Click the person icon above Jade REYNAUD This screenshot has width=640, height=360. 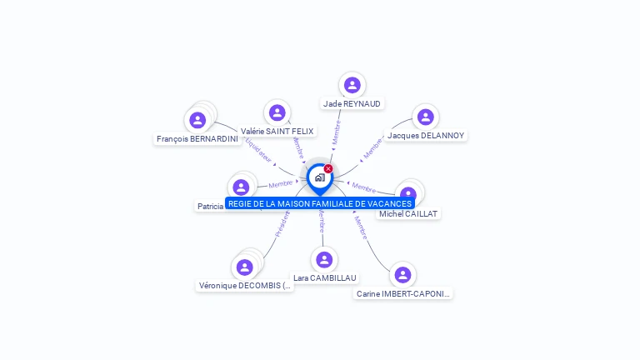point(352,84)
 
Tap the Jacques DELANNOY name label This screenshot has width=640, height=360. point(426,136)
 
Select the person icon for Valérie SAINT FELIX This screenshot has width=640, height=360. point(277,112)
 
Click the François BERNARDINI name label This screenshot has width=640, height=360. point(197,139)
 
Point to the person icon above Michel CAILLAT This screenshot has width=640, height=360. point(408,193)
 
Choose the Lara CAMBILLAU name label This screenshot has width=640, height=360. point(324,277)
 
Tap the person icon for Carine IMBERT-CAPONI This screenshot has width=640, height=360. point(402,275)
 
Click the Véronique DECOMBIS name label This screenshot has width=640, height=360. point(245,286)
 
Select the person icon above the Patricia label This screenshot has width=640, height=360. point(241,187)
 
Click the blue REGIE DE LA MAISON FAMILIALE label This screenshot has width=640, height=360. point(320,203)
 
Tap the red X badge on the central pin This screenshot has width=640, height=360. point(328,169)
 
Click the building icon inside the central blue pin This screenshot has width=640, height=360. point(319,177)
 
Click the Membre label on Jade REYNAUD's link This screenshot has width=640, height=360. point(336,133)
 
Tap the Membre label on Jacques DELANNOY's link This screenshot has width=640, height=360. point(373,148)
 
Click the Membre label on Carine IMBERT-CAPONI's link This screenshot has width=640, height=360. point(361,227)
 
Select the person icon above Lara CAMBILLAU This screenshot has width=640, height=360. point(324,259)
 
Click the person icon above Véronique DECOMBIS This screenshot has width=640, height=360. point(244,267)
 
